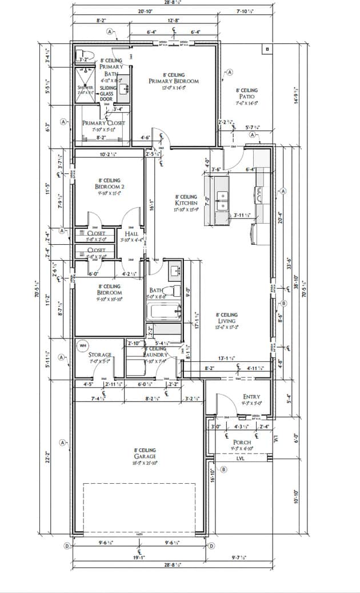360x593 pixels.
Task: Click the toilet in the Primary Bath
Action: (85, 58)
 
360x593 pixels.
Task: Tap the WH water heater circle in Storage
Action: (82, 346)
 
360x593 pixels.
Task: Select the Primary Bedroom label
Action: (174, 81)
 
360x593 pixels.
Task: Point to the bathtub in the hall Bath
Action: (163, 312)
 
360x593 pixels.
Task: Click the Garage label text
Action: (145, 456)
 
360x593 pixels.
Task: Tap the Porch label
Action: (242, 443)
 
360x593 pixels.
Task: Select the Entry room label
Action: (251, 396)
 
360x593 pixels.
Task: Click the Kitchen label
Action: (186, 203)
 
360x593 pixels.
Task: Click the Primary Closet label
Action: (103, 123)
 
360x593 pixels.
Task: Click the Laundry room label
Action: (155, 355)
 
